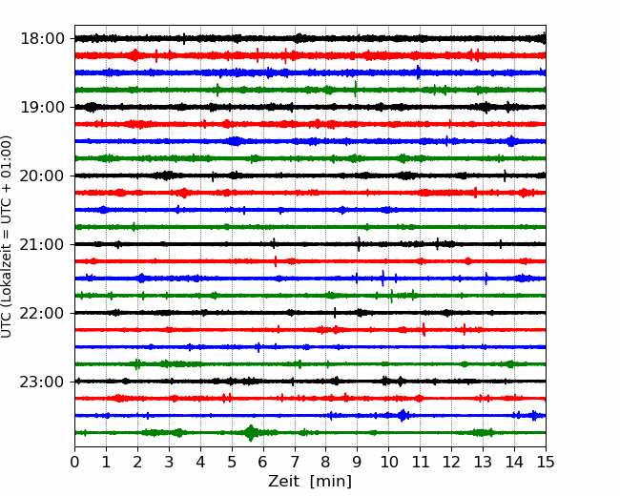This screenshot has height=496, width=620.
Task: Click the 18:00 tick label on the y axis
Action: pos(42,39)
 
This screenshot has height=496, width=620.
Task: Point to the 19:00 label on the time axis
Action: pos(42,107)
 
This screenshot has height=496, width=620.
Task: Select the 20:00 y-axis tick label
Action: pos(42,176)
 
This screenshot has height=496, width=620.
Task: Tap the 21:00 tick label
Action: pos(42,244)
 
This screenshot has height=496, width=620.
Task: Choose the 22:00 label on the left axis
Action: pos(42,313)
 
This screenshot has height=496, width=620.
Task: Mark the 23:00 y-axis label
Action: pos(42,382)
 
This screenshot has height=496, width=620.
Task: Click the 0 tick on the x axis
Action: pos(74,462)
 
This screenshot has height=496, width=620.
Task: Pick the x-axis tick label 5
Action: pos(232,462)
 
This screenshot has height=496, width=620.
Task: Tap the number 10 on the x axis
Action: pos(388,462)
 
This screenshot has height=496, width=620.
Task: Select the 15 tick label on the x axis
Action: pos(546,462)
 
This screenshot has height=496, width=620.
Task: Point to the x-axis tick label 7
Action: pos(295,462)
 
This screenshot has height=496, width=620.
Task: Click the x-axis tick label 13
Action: pos(483,462)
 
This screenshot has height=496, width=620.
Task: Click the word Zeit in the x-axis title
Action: pos(283,481)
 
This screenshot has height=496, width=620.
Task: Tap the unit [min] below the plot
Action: pos(331,482)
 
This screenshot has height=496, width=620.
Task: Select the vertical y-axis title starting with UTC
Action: pos(7,237)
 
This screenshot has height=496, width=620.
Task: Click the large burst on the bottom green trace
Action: pos(250,433)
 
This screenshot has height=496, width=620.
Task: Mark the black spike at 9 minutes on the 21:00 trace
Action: pos(359,244)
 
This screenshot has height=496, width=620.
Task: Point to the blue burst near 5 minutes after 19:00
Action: pos(236,141)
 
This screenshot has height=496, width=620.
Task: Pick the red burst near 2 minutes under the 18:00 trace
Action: pos(134,55)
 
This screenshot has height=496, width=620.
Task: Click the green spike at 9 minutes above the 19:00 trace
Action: pos(355,89)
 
